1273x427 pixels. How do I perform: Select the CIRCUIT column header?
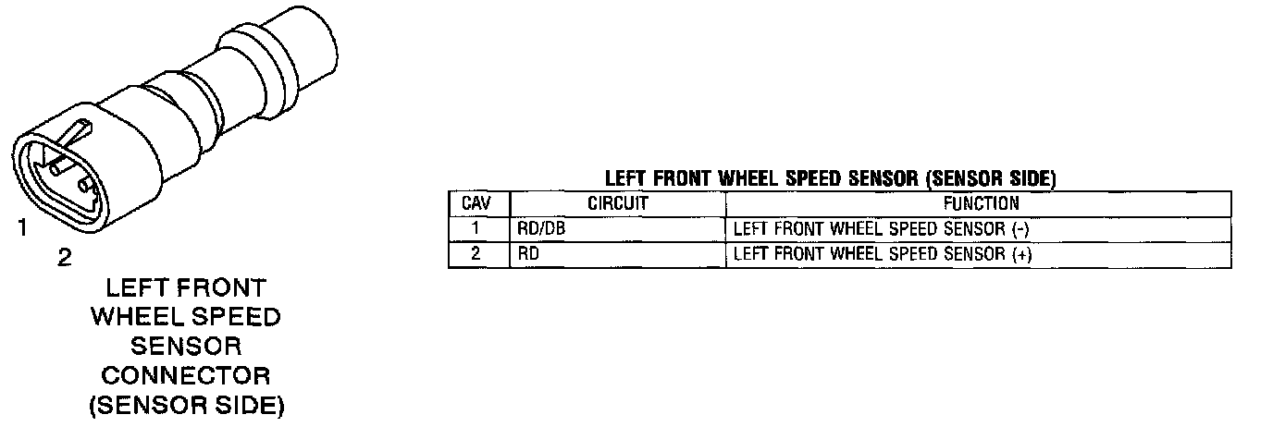618,203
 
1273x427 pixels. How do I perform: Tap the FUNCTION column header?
980,203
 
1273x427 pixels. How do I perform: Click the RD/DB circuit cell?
541,229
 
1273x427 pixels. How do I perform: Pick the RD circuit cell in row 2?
528,254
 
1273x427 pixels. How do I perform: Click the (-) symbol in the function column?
1021,229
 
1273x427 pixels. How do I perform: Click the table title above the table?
830,178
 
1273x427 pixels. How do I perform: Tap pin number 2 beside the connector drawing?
64,258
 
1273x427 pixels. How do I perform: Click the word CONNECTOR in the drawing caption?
186,376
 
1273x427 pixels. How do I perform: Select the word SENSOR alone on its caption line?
186,347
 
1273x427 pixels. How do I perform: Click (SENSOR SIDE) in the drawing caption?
186,406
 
